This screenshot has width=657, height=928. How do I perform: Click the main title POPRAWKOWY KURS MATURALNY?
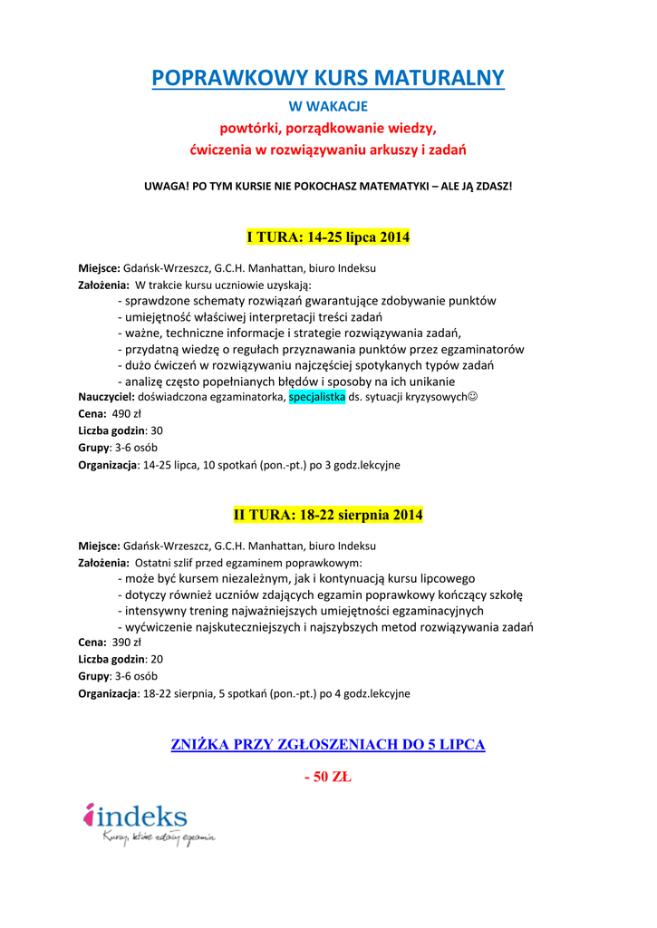(328, 78)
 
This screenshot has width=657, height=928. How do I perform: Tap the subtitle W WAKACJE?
(328, 107)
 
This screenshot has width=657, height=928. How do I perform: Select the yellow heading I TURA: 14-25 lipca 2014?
(328, 237)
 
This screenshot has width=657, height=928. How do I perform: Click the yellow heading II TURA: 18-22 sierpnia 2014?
(328, 515)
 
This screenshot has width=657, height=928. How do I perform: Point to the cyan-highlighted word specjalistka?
(317, 397)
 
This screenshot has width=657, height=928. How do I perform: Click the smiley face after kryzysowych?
(473, 397)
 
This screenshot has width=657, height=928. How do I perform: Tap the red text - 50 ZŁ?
(328, 778)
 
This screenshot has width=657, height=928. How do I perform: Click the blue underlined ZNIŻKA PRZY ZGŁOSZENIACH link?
(328, 745)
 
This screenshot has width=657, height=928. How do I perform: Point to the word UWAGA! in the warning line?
(163, 186)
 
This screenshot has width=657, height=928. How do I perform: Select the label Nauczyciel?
(107, 397)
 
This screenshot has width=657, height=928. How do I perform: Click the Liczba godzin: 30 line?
(121, 430)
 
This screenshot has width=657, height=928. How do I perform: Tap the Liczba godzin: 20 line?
(121, 659)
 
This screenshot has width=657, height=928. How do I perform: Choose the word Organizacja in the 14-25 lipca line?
(107, 465)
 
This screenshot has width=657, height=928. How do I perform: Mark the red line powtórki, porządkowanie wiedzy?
(328, 128)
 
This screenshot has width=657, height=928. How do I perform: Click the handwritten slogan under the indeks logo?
(159, 838)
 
